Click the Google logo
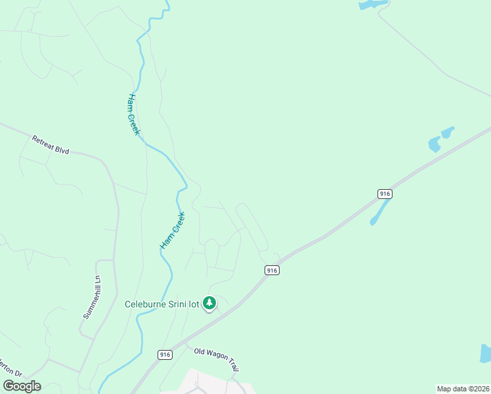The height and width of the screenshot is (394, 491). (22, 386)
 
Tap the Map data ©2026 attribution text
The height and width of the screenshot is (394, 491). (463, 389)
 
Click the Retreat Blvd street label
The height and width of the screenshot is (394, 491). (51, 145)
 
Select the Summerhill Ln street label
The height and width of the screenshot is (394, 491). (93, 296)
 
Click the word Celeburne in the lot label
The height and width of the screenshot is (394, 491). (148, 303)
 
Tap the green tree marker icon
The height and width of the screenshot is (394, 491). (209, 303)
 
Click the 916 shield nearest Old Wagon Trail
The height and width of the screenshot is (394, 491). (165, 355)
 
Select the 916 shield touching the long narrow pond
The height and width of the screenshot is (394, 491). (385, 194)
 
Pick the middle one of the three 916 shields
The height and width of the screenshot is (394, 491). (272, 270)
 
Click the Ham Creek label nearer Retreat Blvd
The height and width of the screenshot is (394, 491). (133, 114)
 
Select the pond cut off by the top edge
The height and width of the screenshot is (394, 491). (372, 5)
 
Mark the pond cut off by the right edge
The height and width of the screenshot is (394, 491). (485, 353)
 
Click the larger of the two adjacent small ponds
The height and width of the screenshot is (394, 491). (434, 144)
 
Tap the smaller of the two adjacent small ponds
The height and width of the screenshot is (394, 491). (448, 132)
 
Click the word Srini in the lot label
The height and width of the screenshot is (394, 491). (182, 303)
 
